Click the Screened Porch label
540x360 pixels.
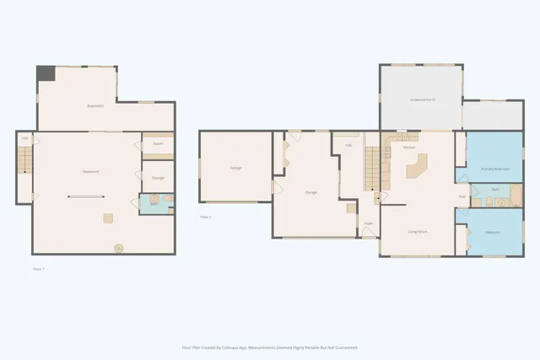click(x=421, y=99)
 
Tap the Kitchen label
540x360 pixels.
click(x=409, y=148)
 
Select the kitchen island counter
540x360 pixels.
click(x=417, y=168)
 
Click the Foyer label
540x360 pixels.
click(x=369, y=223)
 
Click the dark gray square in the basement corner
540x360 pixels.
click(x=46, y=73)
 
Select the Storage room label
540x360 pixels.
click(x=158, y=178)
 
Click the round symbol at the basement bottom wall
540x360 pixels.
click(x=118, y=248)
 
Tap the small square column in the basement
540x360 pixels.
click(x=108, y=218)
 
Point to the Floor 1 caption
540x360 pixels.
click(x=37, y=268)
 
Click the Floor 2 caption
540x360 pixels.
click(x=205, y=217)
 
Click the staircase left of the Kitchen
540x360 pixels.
click(x=372, y=166)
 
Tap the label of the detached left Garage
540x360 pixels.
click(x=235, y=168)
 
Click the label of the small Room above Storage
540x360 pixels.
click(x=158, y=144)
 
